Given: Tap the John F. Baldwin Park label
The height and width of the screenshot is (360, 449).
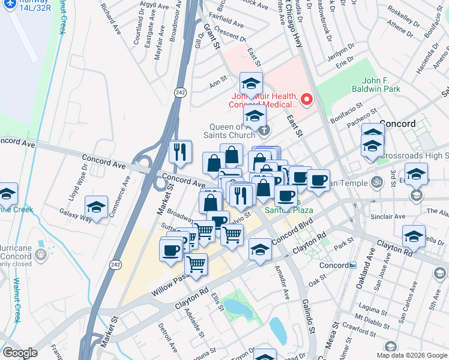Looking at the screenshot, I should pos(388,85).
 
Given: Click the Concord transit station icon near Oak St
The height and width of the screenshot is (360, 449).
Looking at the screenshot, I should pos(353,265).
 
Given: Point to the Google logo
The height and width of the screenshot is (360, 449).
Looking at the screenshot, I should pos(20,353).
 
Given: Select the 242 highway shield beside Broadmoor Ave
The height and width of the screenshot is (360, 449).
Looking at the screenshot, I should pos(179,92).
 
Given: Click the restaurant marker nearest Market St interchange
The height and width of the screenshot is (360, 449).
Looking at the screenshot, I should pos(181,152).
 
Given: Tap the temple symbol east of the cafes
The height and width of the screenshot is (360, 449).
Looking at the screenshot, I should pos(376,181).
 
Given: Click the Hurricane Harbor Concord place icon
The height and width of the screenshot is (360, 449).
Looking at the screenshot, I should pos(41,254).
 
